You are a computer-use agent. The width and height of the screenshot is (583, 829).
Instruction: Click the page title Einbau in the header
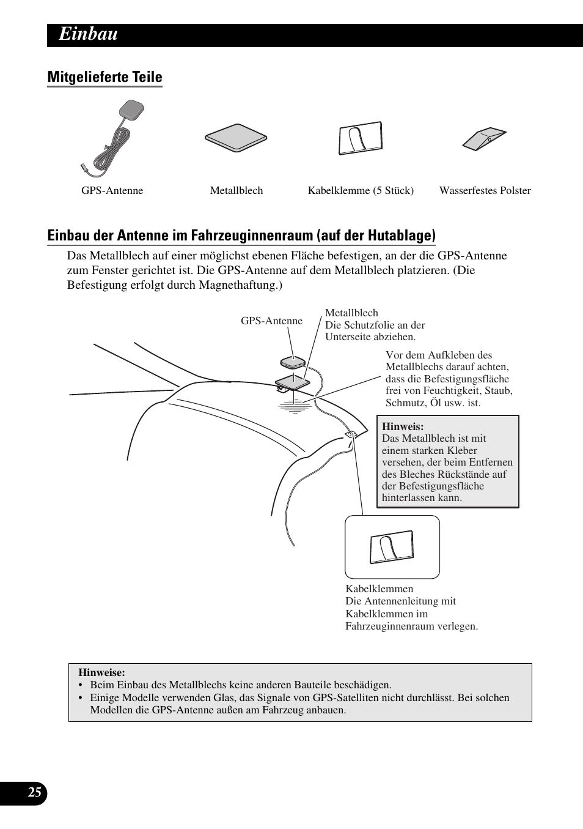click(x=88, y=35)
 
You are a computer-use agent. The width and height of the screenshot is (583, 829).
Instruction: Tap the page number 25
click(x=35, y=793)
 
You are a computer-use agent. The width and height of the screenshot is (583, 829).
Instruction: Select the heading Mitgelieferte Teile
click(x=105, y=77)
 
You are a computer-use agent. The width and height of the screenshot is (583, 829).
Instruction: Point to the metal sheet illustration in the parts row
click(x=235, y=139)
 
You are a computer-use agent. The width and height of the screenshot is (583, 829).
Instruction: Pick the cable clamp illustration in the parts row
click(x=361, y=139)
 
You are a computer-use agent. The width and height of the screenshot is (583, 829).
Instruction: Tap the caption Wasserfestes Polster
click(x=485, y=190)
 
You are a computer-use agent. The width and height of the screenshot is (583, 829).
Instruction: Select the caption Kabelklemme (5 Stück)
click(x=361, y=190)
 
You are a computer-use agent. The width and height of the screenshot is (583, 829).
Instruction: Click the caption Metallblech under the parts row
click(x=237, y=190)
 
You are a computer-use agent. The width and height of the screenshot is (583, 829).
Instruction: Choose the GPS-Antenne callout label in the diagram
click(x=271, y=321)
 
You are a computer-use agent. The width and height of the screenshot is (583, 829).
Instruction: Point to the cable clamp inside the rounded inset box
click(x=391, y=548)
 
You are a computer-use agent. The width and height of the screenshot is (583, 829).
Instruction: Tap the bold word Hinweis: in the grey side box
click(x=403, y=426)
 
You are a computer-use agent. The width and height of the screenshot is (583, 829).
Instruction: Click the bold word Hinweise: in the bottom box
click(x=101, y=672)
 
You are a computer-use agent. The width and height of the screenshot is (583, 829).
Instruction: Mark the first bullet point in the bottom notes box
click(x=80, y=685)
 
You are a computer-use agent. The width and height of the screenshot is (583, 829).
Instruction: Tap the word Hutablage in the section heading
click(x=403, y=236)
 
